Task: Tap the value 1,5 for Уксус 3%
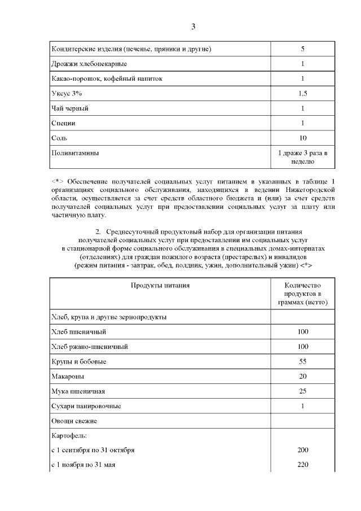tap(302, 93)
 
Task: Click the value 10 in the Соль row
tap(302, 137)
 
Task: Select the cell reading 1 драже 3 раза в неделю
tap(302, 156)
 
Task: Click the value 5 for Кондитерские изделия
tap(302, 49)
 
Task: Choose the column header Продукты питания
tap(160, 285)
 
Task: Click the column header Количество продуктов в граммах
tap(302, 294)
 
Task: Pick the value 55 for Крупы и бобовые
tap(302, 361)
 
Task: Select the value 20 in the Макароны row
tap(302, 376)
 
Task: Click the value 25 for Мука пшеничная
tap(302, 391)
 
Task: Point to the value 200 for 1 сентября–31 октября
tap(302, 450)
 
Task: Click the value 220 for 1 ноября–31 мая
tap(302, 465)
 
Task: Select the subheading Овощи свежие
tap(74, 421)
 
